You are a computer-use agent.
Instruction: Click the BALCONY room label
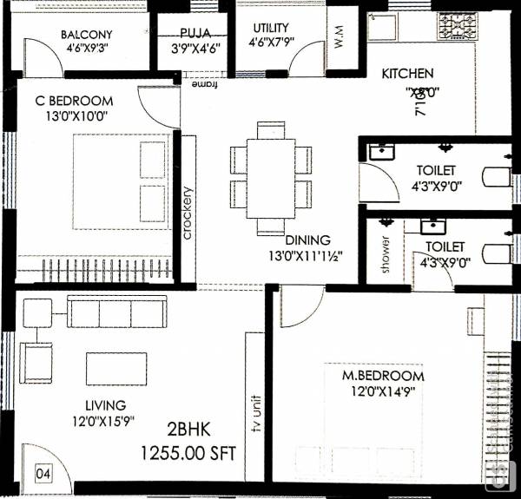click(87, 35)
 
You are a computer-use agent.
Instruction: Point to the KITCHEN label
click(407, 74)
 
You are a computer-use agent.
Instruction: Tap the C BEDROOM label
click(74, 101)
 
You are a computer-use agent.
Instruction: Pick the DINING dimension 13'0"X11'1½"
click(301, 256)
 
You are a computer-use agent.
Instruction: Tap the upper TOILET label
click(435, 171)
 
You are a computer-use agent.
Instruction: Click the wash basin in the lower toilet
click(433, 226)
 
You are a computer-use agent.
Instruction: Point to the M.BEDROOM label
click(382, 376)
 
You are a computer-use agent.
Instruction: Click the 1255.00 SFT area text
click(189, 453)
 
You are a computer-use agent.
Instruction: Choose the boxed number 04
click(43, 474)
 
